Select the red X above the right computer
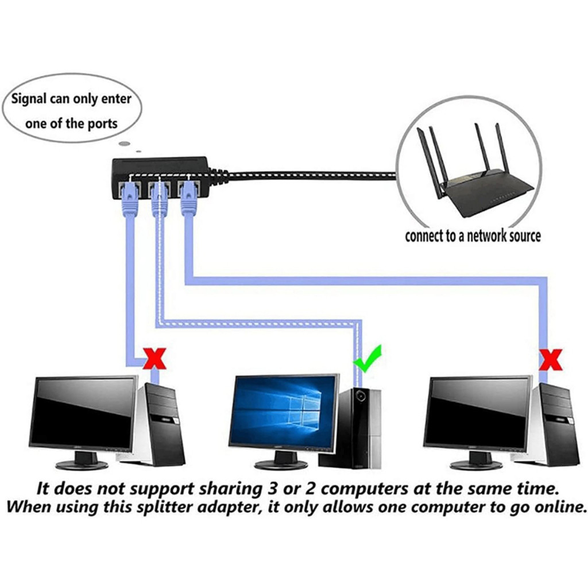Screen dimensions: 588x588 point(551,361)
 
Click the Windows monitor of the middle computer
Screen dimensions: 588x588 point(284,411)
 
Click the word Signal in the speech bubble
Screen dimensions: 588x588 point(33,99)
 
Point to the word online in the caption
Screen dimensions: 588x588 point(555,508)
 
